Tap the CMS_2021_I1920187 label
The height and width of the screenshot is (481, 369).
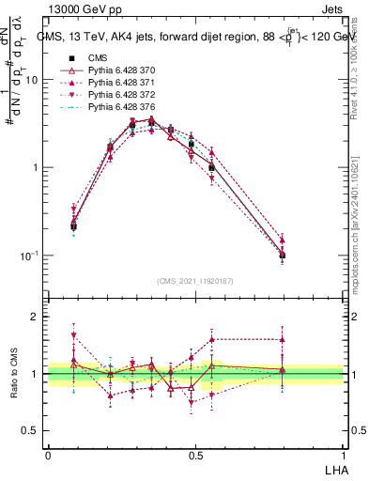pyautogui.click(x=194, y=279)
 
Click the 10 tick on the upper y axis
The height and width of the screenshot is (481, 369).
pyautogui.click(x=33, y=80)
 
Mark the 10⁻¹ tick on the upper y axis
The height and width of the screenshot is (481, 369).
pyautogui.click(x=31, y=256)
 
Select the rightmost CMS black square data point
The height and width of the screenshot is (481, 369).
pyautogui.click(x=283, y=255)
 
